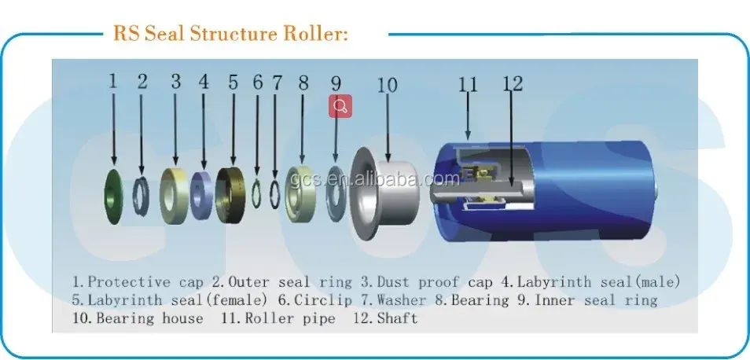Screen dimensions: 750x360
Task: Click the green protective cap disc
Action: point(112,197)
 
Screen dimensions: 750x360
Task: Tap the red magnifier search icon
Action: point(340,105)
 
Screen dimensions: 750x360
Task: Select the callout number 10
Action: point(387,85)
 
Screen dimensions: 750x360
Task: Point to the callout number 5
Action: point(233,83)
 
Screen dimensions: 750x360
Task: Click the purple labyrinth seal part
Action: point(201,195)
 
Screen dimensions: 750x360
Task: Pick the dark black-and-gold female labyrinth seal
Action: point(230,195)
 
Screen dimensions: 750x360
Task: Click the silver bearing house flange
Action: point(362,193)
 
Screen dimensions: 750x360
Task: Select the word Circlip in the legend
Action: point(323,300)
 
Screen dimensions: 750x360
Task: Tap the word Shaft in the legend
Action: point(397,318)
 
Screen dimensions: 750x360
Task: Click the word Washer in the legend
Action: point(401,300)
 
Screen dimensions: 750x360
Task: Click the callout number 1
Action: point(113,81)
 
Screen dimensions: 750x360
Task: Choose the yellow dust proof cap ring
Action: point(174,196)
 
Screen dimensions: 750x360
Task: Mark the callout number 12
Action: point(513,85)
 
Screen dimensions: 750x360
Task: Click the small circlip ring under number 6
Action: point(256,193)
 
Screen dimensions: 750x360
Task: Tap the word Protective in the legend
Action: point(129,282)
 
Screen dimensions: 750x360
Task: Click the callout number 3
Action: point(176,81)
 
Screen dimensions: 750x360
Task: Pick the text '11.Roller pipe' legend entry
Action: point(278,318)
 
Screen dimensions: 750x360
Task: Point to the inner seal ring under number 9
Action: point(336,193)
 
